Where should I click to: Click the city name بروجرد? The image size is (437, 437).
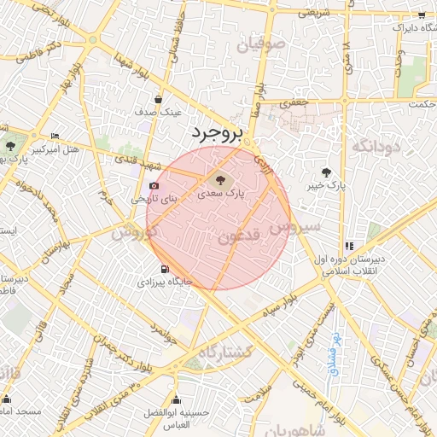tap(216, 134)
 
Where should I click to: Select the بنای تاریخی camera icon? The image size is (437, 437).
tap(154, 185)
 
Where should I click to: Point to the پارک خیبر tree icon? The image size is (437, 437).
tap(327, 172)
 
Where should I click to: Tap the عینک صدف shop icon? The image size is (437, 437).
tap(160, 99)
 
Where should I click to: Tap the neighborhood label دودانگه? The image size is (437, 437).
tap(376, 147)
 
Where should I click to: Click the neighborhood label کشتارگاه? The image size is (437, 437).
tap(225, 352)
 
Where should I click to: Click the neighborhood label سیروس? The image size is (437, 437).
tap(295, 227)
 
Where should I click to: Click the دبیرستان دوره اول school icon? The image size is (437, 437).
tap(349, 246)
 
